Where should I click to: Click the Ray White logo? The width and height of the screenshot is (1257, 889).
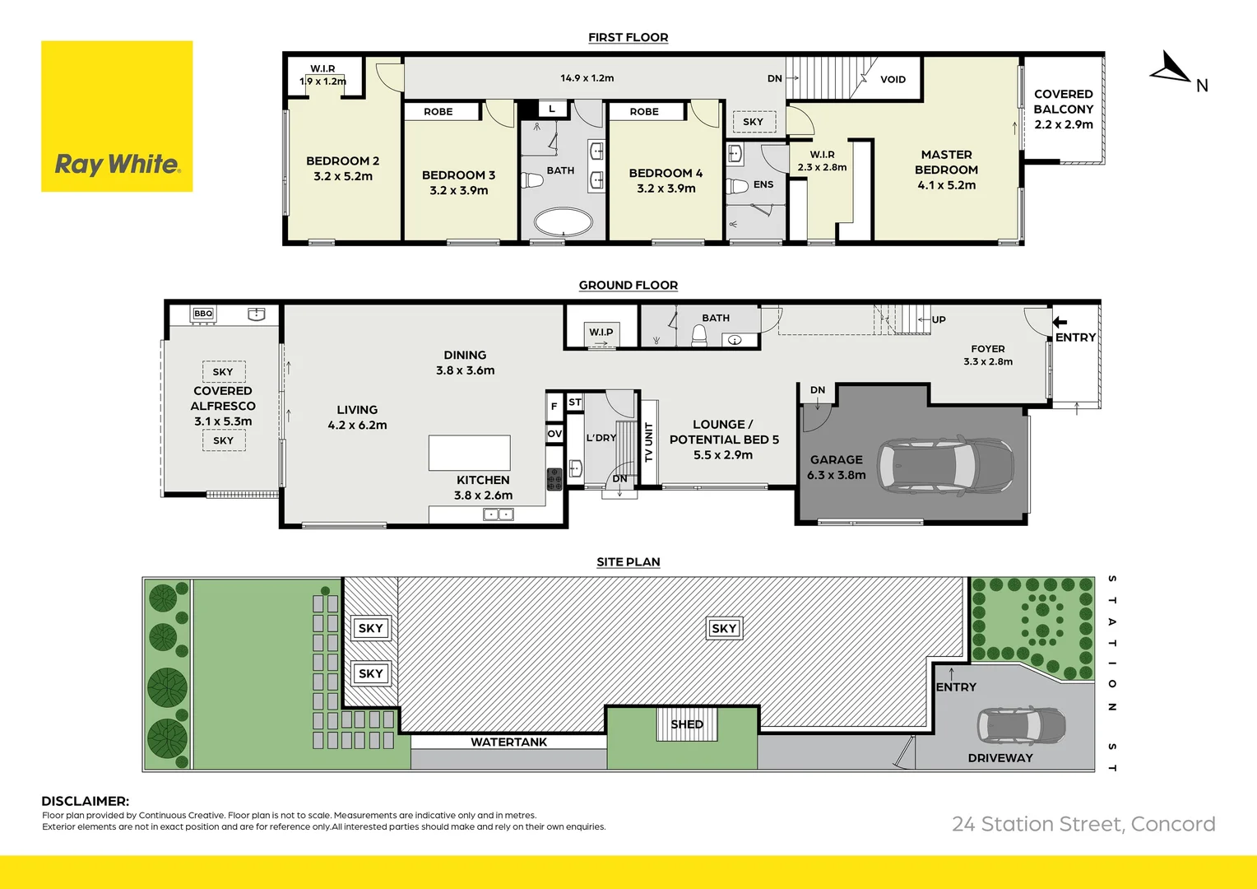tap(117, 116)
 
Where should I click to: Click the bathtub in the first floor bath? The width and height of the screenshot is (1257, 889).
tap(563, 222)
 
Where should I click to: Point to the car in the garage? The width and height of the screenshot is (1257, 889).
tap(944, 465)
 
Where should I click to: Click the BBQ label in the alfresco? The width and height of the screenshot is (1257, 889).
tap(203, 314)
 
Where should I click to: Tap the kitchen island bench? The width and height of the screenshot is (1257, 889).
tap(469, 453)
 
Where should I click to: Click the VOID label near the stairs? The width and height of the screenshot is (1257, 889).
tap(893, 80)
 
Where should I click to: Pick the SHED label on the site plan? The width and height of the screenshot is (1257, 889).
tap(687, 724)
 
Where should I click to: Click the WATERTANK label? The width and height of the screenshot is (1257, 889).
tap(508, 742)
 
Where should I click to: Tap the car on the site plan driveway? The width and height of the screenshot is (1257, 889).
tap(1021, 725)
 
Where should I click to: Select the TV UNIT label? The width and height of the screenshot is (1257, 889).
tap(649, 442)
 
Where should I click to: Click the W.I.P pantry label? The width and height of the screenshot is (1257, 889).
tap(601, 332)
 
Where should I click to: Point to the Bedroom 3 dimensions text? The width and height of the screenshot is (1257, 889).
tap(458, 190)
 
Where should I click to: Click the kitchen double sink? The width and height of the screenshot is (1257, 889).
tap(498, 514)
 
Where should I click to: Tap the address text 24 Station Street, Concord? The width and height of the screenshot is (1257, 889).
tap(1083, 824)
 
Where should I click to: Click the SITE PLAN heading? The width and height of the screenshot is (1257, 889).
tap(628, 562)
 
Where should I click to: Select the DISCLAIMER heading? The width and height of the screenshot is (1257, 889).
tap(86, 801)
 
